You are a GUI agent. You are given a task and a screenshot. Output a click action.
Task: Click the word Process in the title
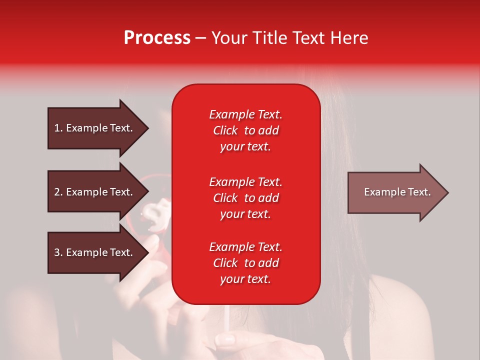(157, 38)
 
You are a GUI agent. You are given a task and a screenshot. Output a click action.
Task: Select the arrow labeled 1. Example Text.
(95, 128)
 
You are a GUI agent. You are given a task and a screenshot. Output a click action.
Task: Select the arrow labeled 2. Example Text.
(95, 192)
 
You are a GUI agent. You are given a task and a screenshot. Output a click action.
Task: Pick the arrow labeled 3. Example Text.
(95, 252)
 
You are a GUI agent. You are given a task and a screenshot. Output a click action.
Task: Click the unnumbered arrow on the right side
(395, 192)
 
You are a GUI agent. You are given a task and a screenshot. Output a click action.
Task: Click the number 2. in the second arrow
(58, 192)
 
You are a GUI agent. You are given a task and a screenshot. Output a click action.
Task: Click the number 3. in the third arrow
(58, 252)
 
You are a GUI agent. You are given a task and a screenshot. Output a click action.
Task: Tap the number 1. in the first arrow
(58, 128)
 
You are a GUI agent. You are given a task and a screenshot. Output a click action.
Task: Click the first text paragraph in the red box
(245, 130)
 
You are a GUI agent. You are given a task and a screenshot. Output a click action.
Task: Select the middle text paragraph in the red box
(245, 198)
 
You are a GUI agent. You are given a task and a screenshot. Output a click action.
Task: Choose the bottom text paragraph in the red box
(245, 263)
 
